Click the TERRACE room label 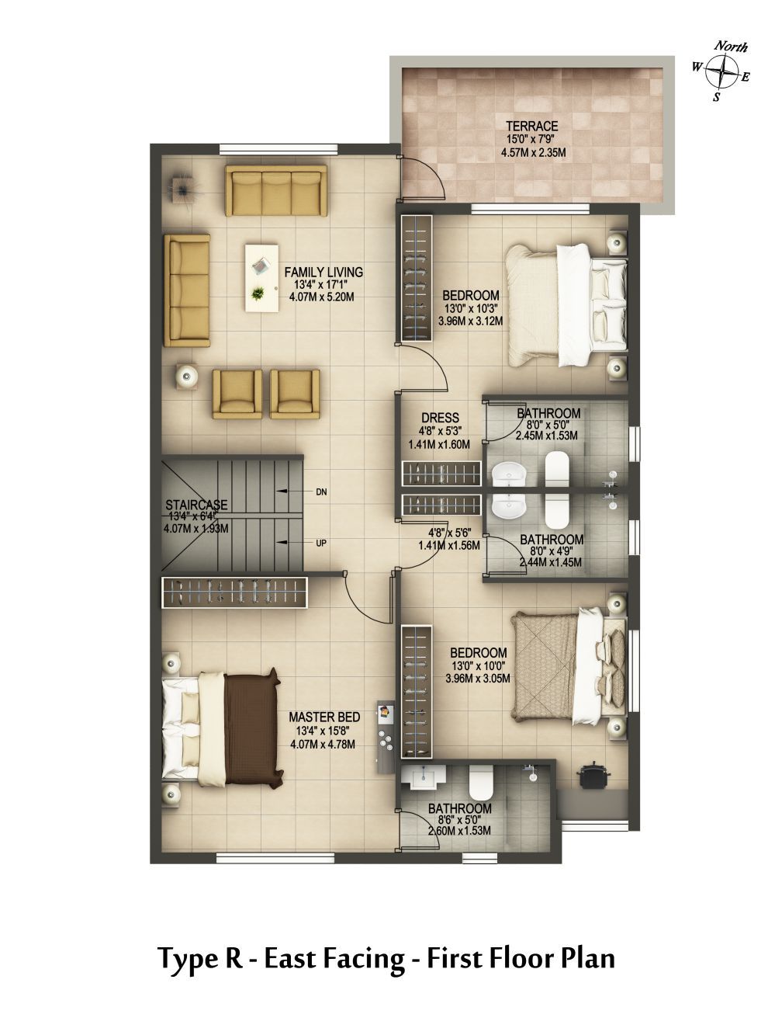click(532, 127)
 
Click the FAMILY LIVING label click(323, 272)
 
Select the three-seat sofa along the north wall click(276, 190)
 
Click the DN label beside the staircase click(321, 492)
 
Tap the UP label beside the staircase click(321, 544)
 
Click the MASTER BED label click(324, 717)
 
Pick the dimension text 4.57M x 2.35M click(533, 153)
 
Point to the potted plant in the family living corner click(182, 190)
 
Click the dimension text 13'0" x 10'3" click(469, 308)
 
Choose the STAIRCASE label click(196, 505)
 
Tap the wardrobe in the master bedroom click(234, 592)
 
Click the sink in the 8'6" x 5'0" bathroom click(424, 776)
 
